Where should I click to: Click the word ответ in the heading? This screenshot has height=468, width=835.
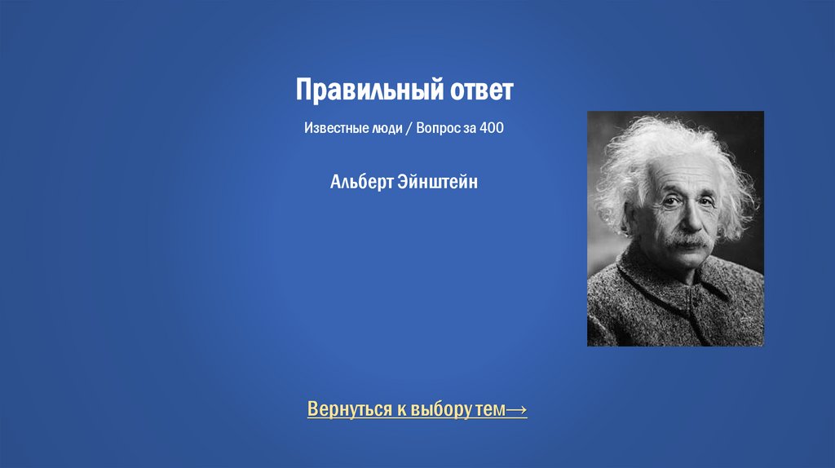(x=481, y=90)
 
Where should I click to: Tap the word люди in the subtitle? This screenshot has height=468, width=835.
(x=387, y=129)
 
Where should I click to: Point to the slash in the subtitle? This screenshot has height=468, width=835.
(x=409, y=129)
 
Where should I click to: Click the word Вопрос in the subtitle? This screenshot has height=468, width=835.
(x=438, y=129)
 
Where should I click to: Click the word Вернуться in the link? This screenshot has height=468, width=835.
(x=350, y=408)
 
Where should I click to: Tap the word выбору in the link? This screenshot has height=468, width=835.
(x=440, y=408)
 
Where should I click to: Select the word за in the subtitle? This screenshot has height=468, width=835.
(x=470, y=129)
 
